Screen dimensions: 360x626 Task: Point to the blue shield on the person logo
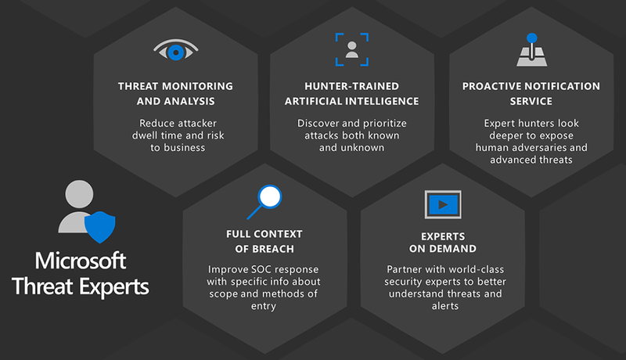pos(99,228)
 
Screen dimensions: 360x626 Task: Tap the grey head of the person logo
pos(80,193)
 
